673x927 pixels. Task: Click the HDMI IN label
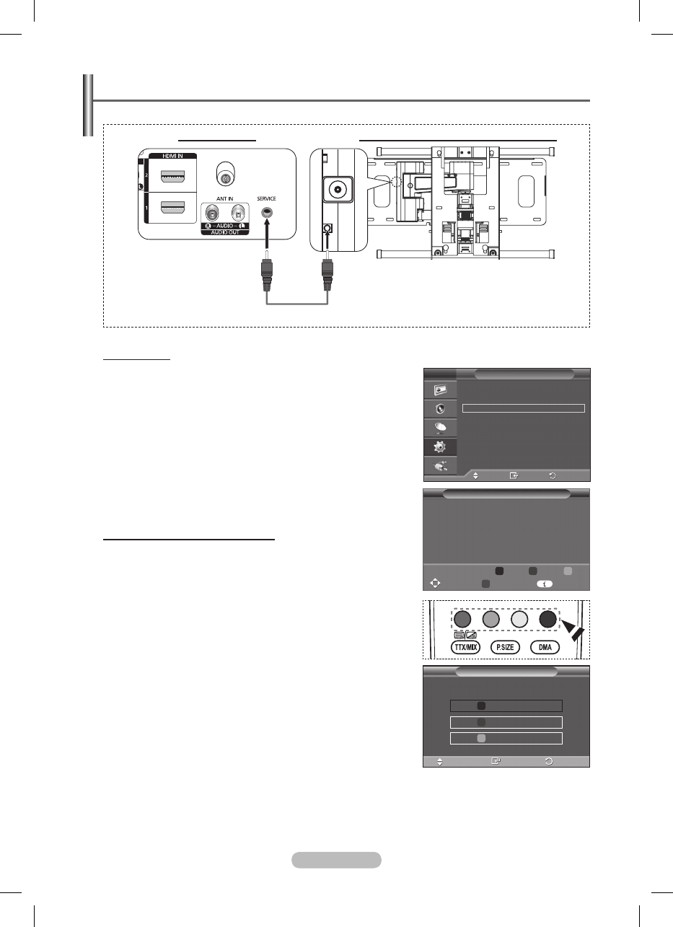[x=172, y=156]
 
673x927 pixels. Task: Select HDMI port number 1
[x=172, y=207]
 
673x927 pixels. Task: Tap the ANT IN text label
[x=225, y=198]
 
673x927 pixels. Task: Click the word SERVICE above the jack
[x=266, y=198]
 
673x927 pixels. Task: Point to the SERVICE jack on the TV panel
[x=268, y=213]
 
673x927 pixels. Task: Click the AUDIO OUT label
[x=225, y=232]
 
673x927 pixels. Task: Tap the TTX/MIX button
[x=466, y=648]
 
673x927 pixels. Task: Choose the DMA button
[x=545, y=648]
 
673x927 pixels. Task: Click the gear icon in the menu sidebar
[x=439, y=447]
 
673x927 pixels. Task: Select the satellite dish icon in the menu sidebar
[x=440, y=428]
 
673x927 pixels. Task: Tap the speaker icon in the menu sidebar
[x=441, y=409]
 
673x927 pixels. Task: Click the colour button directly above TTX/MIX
[x=462, y=619]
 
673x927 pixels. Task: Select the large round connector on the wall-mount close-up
[x=338, y=190]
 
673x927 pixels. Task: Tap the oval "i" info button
[x=545, y=584]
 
